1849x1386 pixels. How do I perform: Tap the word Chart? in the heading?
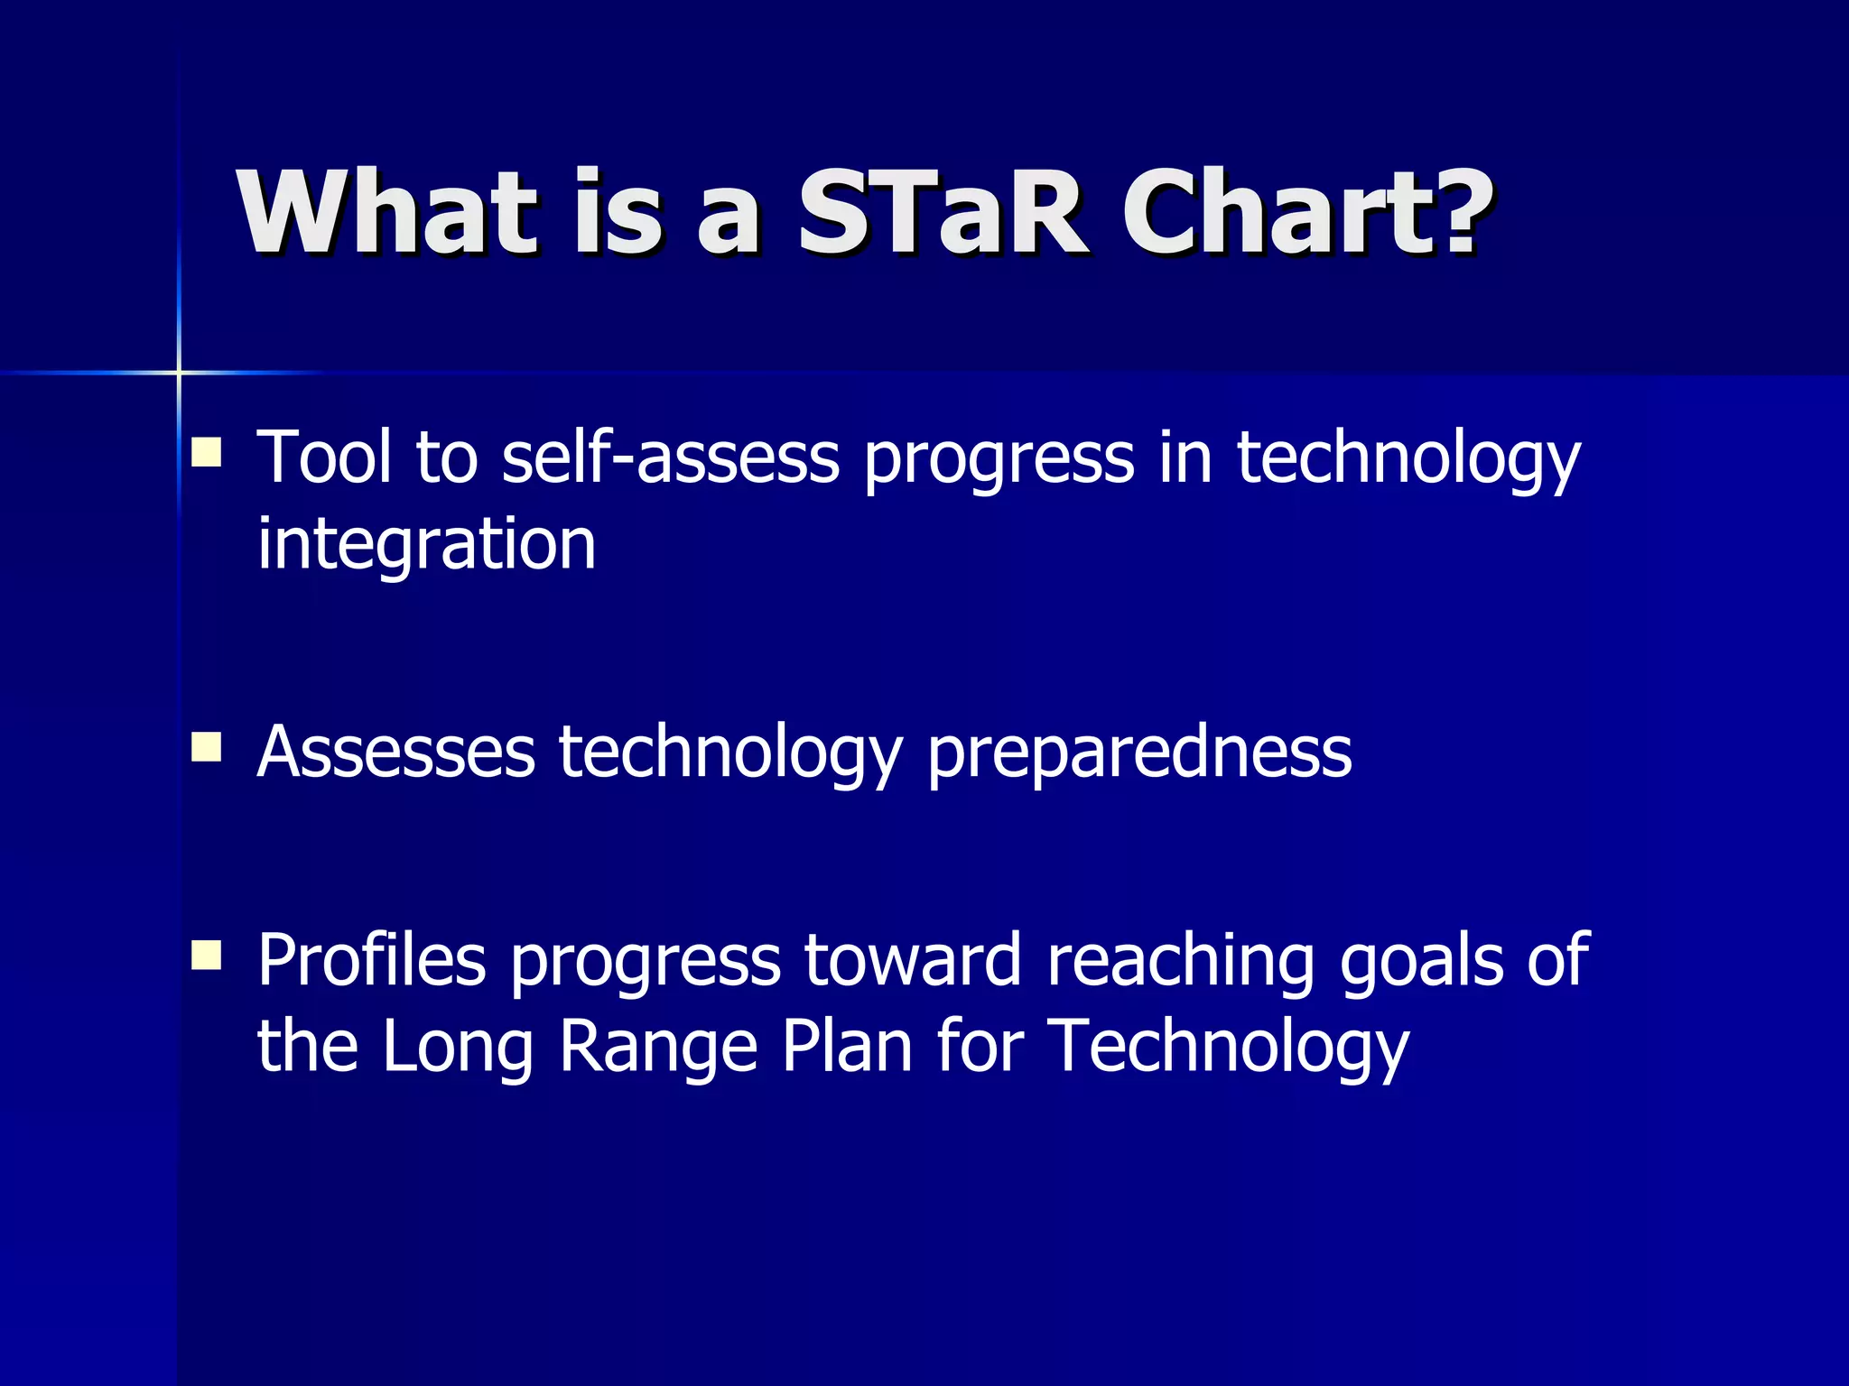[1305, 215]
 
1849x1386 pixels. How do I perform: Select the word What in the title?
[388, 215]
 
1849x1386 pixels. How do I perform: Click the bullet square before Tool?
[207, 452]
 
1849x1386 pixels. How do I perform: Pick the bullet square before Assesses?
[207, 747]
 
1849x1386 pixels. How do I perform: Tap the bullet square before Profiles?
[207, 955]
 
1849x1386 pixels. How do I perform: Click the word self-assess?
[670, 457]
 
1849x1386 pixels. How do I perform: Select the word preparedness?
[1139, 753]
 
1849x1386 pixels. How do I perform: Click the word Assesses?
[396, 752]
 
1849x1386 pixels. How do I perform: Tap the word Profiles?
[372, 960]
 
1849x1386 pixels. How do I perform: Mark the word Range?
[658, 1048]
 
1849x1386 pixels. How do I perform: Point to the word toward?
[913, 960]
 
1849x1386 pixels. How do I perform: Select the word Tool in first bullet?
[324, 457]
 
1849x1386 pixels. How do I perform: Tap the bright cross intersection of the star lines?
[179, 372]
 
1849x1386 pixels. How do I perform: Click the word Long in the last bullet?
[458, 1048]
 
